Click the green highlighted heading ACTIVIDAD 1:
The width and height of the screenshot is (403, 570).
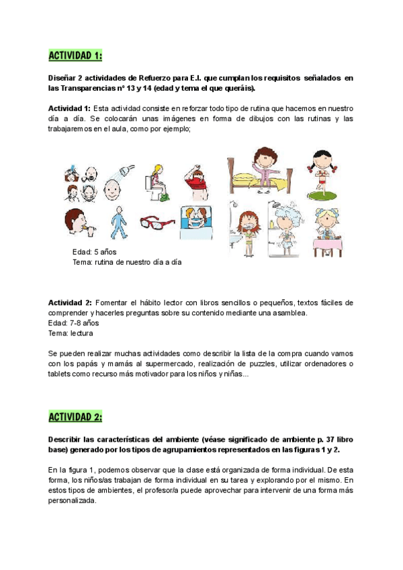[75, 54]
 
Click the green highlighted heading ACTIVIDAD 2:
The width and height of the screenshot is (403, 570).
[75, 417]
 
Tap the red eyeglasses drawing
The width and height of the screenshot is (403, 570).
[158, 221]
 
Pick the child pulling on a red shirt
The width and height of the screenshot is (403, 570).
[197, 178]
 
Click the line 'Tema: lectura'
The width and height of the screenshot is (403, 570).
[71, 333]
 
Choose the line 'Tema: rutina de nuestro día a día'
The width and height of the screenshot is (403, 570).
[127, 262]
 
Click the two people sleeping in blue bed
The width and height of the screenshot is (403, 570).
[197, 221]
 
